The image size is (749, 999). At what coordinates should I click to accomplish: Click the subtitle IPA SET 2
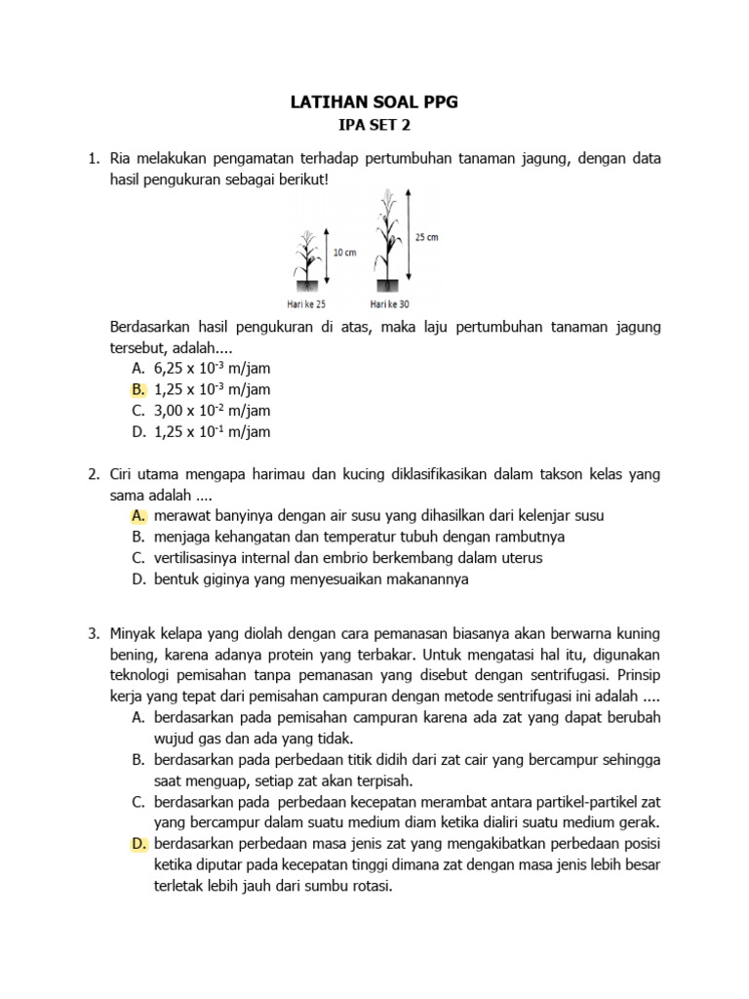click(x=375, y=126)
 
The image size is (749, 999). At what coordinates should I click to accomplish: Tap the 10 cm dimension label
click(x=345, y=252)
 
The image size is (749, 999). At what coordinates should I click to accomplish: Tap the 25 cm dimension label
click(x=426, y=237)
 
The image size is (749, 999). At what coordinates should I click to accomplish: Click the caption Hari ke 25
click(x=304, y=304)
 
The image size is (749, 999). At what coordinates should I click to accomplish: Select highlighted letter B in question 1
click(x=137, y=389)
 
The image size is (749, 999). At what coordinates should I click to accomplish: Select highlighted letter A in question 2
click(x=137, y=515)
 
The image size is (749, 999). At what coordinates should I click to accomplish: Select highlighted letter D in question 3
click(x=137, y=843)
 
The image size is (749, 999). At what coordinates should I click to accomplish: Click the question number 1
click(x=94, y=158)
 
